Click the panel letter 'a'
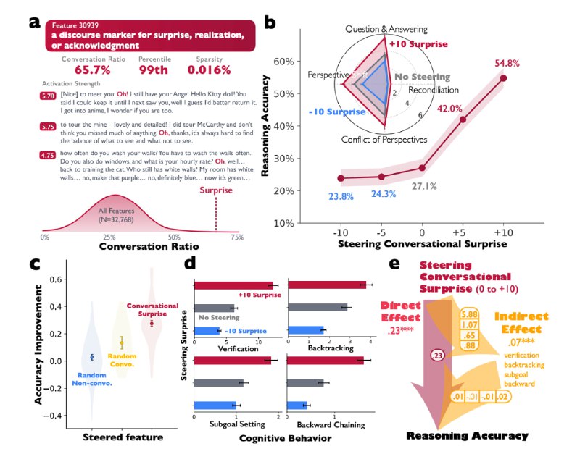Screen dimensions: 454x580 [34, 22]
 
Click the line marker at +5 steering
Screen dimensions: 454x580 [463, 119]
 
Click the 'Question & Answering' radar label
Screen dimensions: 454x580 [385, 29]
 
